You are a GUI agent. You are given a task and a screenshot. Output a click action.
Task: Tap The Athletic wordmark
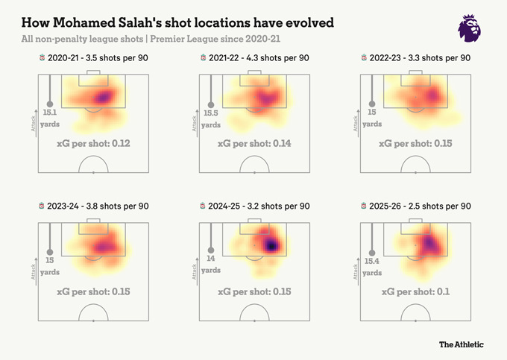click(x=461, y=344)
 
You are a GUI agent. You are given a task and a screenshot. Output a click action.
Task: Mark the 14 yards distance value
click(x=212, y=265)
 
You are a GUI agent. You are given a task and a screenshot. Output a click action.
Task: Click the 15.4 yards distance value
click(x=373, y=265)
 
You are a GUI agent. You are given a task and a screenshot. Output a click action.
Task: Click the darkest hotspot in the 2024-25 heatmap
click(x=271, y=244)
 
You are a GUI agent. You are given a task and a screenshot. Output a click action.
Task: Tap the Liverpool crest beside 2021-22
click(x=204, y=58)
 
